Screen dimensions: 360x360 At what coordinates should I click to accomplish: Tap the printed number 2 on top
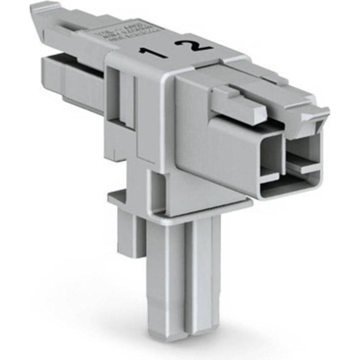194,45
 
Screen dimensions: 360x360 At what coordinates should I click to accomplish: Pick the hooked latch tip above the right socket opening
314,116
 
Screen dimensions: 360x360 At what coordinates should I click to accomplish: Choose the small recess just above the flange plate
158,189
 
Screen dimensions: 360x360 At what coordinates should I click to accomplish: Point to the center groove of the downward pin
189,270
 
